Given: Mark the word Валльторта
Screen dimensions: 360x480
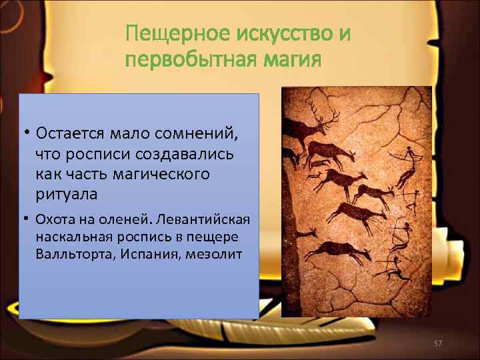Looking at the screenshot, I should click(x=72, y=255).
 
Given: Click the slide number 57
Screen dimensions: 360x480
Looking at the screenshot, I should click(x=438, y=343).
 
